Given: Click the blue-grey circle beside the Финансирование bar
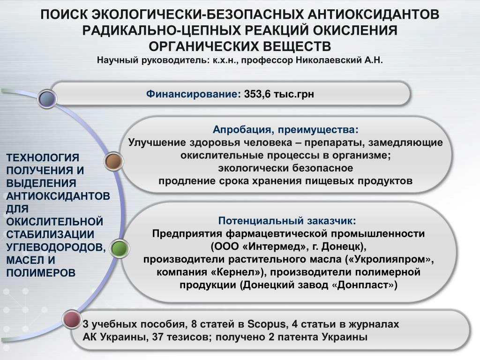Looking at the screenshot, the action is click(47, 98).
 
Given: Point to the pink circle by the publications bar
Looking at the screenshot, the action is click(71, 320).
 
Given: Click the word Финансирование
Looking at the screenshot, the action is click(193, 94).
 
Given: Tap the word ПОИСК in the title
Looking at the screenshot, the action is click(64, 15).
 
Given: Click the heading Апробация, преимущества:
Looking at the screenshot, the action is click(286, 129).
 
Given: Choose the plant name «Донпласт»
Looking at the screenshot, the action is click(366, 285).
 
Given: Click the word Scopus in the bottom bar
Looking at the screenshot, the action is click(266, 324).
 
